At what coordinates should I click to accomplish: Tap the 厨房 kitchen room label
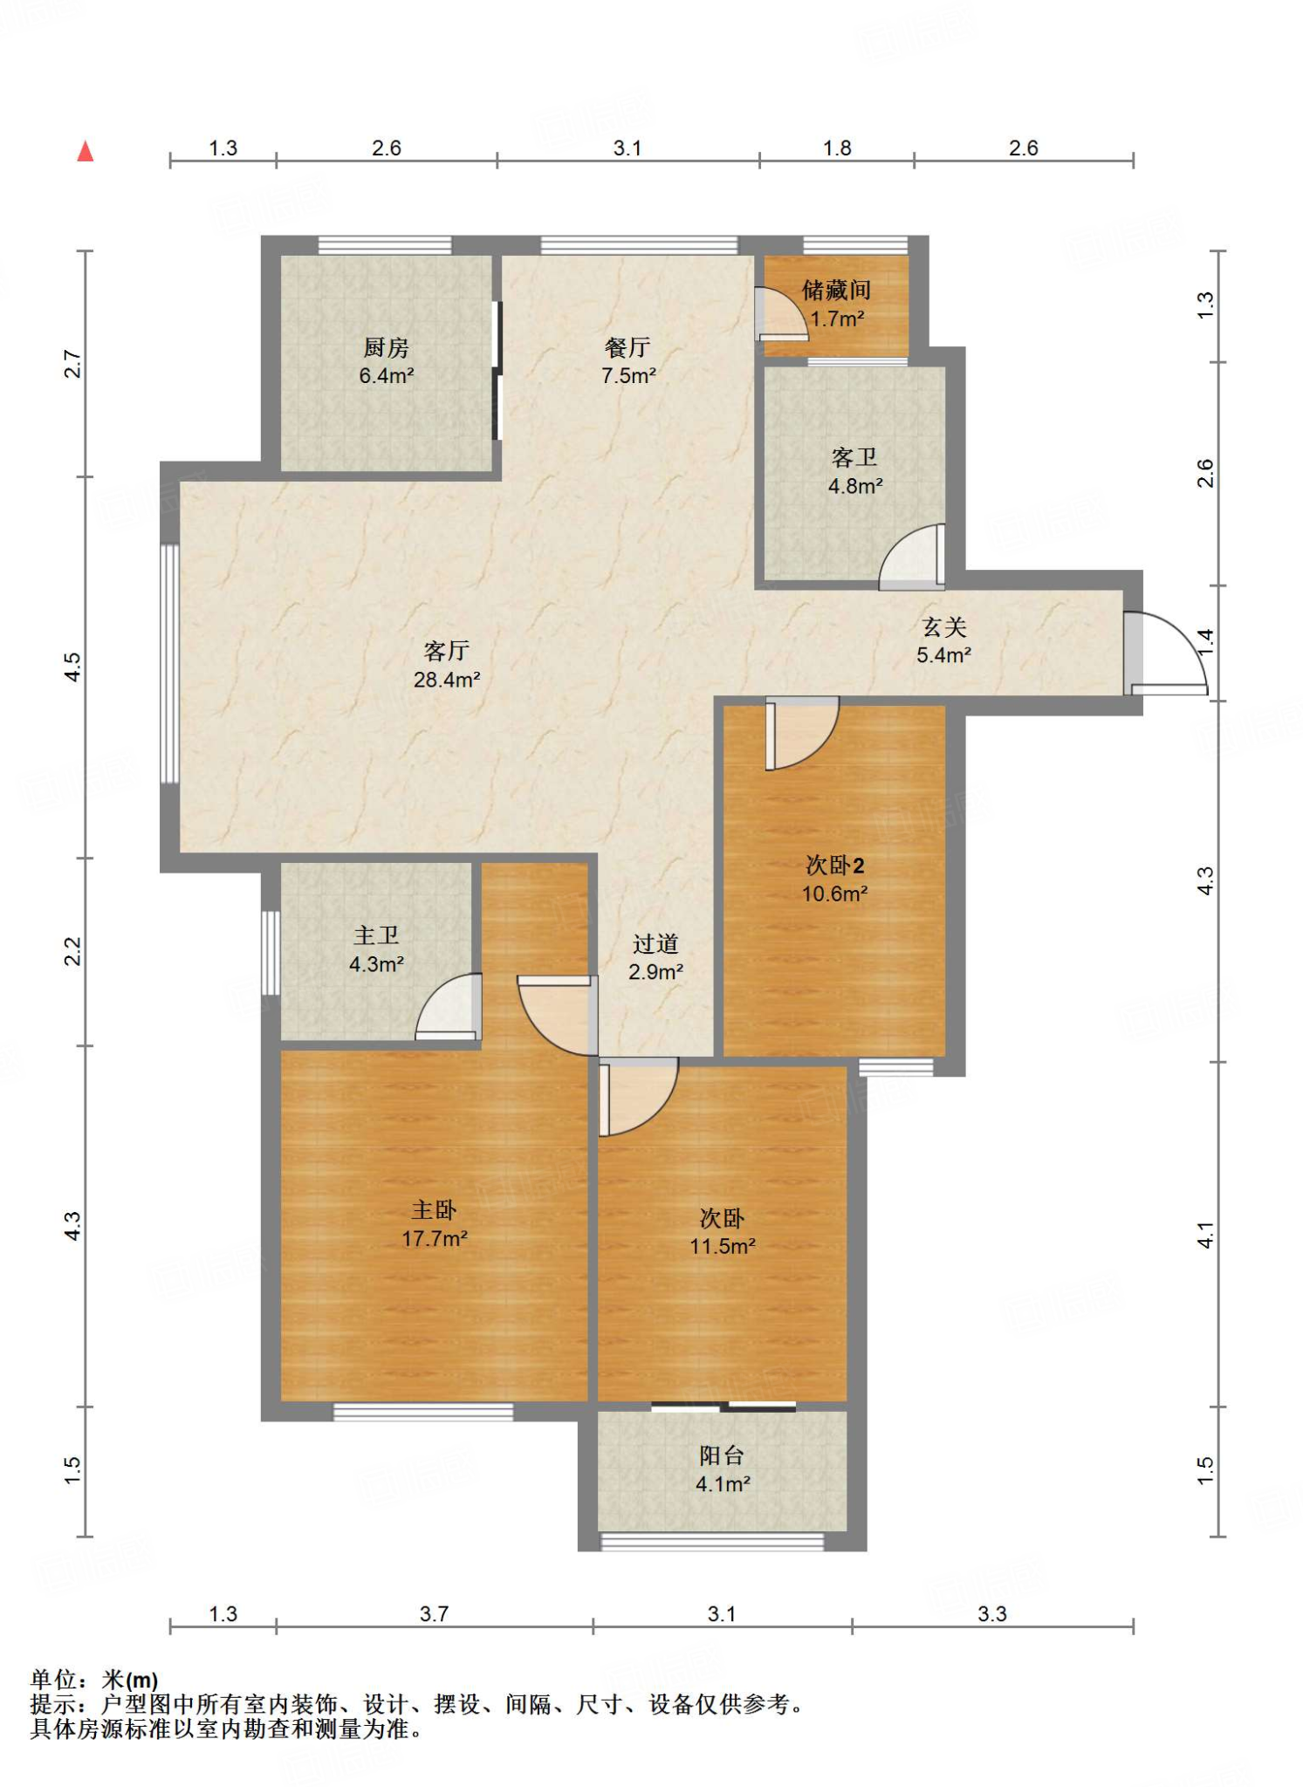(386, 347)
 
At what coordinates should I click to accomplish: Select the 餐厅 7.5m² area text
(628, 376)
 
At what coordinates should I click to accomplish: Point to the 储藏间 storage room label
(836, 290)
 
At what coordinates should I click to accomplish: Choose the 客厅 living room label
(446, 650)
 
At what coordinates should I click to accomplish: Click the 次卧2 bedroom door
(802, 733)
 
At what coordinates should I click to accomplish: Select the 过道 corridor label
(655, 943)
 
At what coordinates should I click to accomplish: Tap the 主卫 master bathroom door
(449, 1007)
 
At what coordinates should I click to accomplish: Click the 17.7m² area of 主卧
(435, 1238)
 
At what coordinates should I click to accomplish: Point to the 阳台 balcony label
(722, 1455)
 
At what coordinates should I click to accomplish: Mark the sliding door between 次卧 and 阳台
(724, 1406)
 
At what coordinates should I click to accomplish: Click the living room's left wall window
(170, 664)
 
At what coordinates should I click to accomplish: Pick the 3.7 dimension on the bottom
(434, 1613)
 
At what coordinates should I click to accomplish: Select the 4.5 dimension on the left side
(73, 667)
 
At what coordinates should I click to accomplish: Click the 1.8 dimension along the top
(837, 148)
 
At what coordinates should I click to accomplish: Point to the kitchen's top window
(385, 245)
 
